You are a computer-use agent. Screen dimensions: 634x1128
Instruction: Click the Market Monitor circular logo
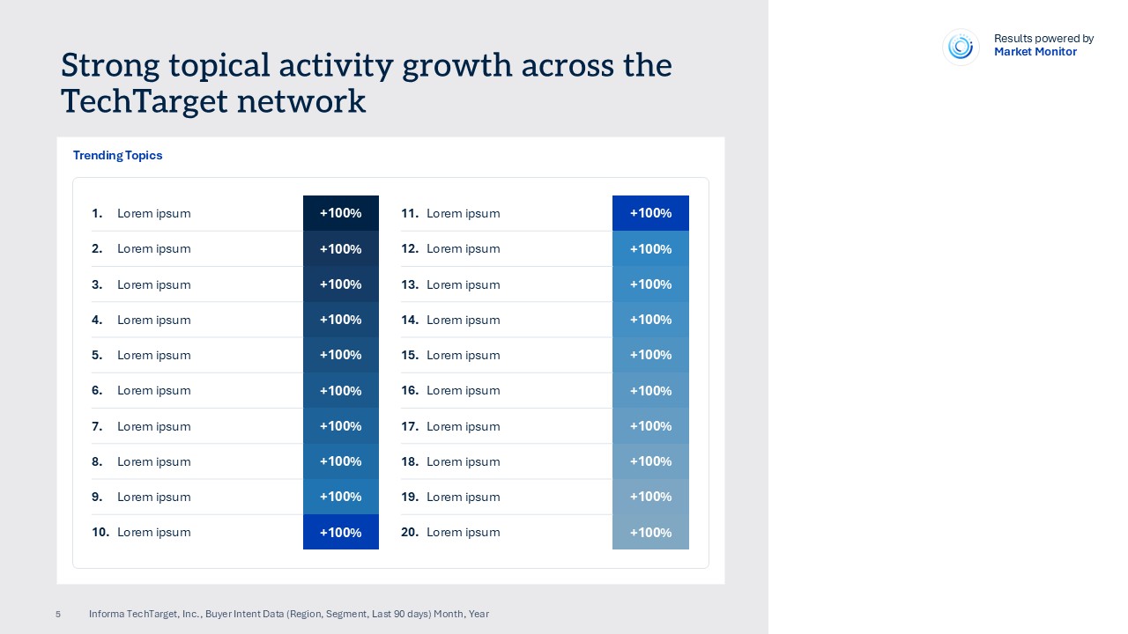pyautogui.click(x=961, y=47)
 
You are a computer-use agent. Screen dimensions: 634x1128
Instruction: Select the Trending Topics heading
pyautogui.click(x=117, y=156)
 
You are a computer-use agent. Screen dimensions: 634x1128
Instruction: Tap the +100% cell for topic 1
pyautogui.click(x=340, y=213)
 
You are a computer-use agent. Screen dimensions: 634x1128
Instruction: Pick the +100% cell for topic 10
pyautogui.click(x=340, y=532)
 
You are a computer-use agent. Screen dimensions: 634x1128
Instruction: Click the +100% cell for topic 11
pyautogui.click(x=650, y=213)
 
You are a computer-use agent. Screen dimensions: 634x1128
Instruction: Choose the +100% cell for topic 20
pyautogui.click(x=650, y=532)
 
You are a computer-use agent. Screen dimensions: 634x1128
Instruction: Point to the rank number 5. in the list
pyautogui.click(x=97, y=355)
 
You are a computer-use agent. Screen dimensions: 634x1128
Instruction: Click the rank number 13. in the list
pyautogui.click(x=410, y=284)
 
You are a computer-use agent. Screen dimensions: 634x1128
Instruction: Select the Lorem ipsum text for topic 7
pyautogui.click(x=153, y=426)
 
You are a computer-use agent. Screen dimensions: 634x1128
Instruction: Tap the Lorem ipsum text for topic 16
pyautogui.click(x=463, y=390)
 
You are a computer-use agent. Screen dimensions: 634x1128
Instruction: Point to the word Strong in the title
pyautogui.click(x=111, y=66)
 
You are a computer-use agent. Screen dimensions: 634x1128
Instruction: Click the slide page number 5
pyautogui.click(x=58, y=615)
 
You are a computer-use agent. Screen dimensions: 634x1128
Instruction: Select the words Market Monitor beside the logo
pyautogui.click(x=1035, y=52)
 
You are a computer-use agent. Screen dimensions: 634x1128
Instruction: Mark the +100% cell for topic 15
pyautogui.click(x=650, y=355)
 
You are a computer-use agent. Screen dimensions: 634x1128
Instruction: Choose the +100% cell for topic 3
pyautogui.click(x=340, y=284)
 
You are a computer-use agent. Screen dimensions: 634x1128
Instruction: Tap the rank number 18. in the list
pyautogui.click(x=410, y=461)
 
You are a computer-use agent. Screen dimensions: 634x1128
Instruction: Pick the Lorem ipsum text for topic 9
pyautogui.click(x=153, y=497)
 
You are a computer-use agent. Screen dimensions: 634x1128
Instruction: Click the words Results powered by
pyautogui.click(x=1043, y=39)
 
